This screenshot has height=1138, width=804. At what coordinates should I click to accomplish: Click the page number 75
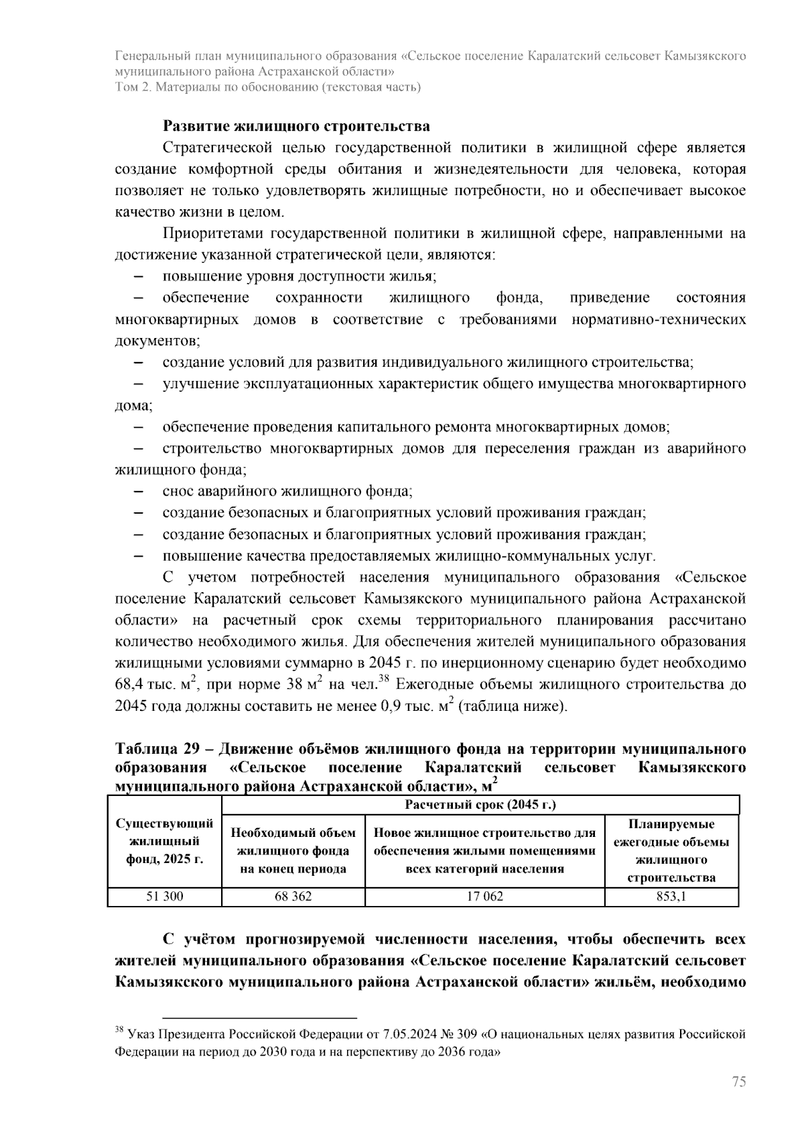[x=738, y=1082]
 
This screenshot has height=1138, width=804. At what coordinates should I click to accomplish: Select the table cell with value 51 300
[x=165, y=896]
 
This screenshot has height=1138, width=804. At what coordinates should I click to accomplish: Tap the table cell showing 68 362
[x=293, y=896]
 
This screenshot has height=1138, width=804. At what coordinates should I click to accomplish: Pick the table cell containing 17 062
[x=484, y=896]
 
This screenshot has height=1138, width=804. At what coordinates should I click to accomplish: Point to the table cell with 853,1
[x=671, y=896]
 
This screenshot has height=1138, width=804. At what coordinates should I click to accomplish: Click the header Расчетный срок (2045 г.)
[x=480, y=805]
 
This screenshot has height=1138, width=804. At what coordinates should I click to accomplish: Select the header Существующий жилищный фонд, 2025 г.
[x=165, y=842]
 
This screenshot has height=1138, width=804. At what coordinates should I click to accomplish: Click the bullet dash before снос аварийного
[x=139, y=492]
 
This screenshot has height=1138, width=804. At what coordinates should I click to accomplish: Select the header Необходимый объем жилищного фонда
[x=293, y=851]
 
